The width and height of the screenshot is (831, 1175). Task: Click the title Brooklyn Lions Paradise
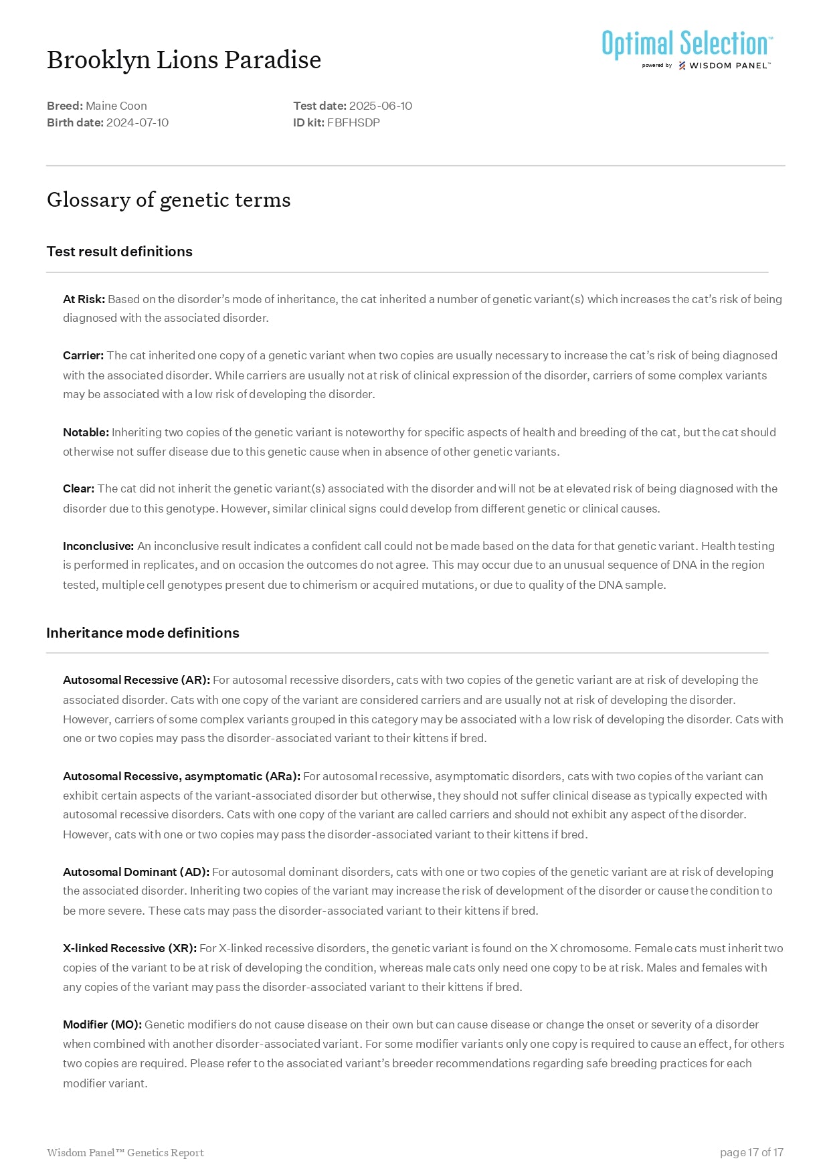coord(184,60)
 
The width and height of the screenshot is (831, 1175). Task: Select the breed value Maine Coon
coord(116,106)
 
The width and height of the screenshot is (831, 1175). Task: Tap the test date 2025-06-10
coord(381,106)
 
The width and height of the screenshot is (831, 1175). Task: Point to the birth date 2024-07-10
coord(137,122)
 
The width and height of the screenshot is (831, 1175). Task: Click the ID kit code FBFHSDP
coord(353,122)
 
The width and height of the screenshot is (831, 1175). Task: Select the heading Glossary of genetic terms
coord(169,200)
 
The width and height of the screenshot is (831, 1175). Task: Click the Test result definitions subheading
coord(119,252)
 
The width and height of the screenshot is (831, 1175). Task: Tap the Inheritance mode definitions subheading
coord(143,633)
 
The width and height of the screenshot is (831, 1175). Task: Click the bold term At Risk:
coord(84,299)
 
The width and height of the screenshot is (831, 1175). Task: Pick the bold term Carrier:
coord(83,355)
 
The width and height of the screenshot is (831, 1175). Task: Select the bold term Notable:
coord(86,432)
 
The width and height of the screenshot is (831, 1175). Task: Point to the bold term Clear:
coord(78,488)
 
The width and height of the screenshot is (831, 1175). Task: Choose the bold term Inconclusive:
coord(98,546)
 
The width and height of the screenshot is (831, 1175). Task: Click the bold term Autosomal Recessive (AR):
coord(136,680)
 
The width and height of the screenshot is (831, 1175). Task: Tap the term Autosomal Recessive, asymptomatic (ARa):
coord(181,776)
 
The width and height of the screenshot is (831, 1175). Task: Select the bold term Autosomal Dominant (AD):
coord(136,872)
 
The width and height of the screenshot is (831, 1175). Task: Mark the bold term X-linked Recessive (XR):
coord(130,948)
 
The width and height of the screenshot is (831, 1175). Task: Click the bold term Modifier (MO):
coord(102,1024)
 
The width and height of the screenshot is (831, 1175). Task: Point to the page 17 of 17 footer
coord(751,1152)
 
